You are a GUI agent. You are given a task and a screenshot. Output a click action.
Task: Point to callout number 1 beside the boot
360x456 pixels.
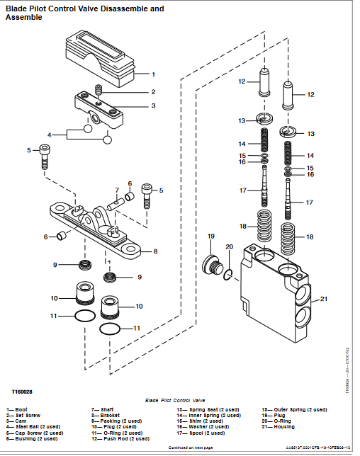[x=154, y=74]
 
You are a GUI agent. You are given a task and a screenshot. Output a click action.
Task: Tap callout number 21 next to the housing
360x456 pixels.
[x=325, y=299]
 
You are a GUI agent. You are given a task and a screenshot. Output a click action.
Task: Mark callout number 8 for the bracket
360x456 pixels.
[x=154, y=251]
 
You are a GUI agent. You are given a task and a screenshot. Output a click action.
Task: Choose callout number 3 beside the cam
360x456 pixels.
[x=153, y=106]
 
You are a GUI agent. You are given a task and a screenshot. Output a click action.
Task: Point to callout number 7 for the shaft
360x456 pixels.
[x=118, y=190]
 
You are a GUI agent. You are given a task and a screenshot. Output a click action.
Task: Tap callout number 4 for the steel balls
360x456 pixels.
[x=50, y=134]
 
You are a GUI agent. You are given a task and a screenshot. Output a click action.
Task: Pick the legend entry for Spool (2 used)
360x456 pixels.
[x=202, y=433]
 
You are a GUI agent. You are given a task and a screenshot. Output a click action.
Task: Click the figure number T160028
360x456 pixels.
[x=22, y=390]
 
